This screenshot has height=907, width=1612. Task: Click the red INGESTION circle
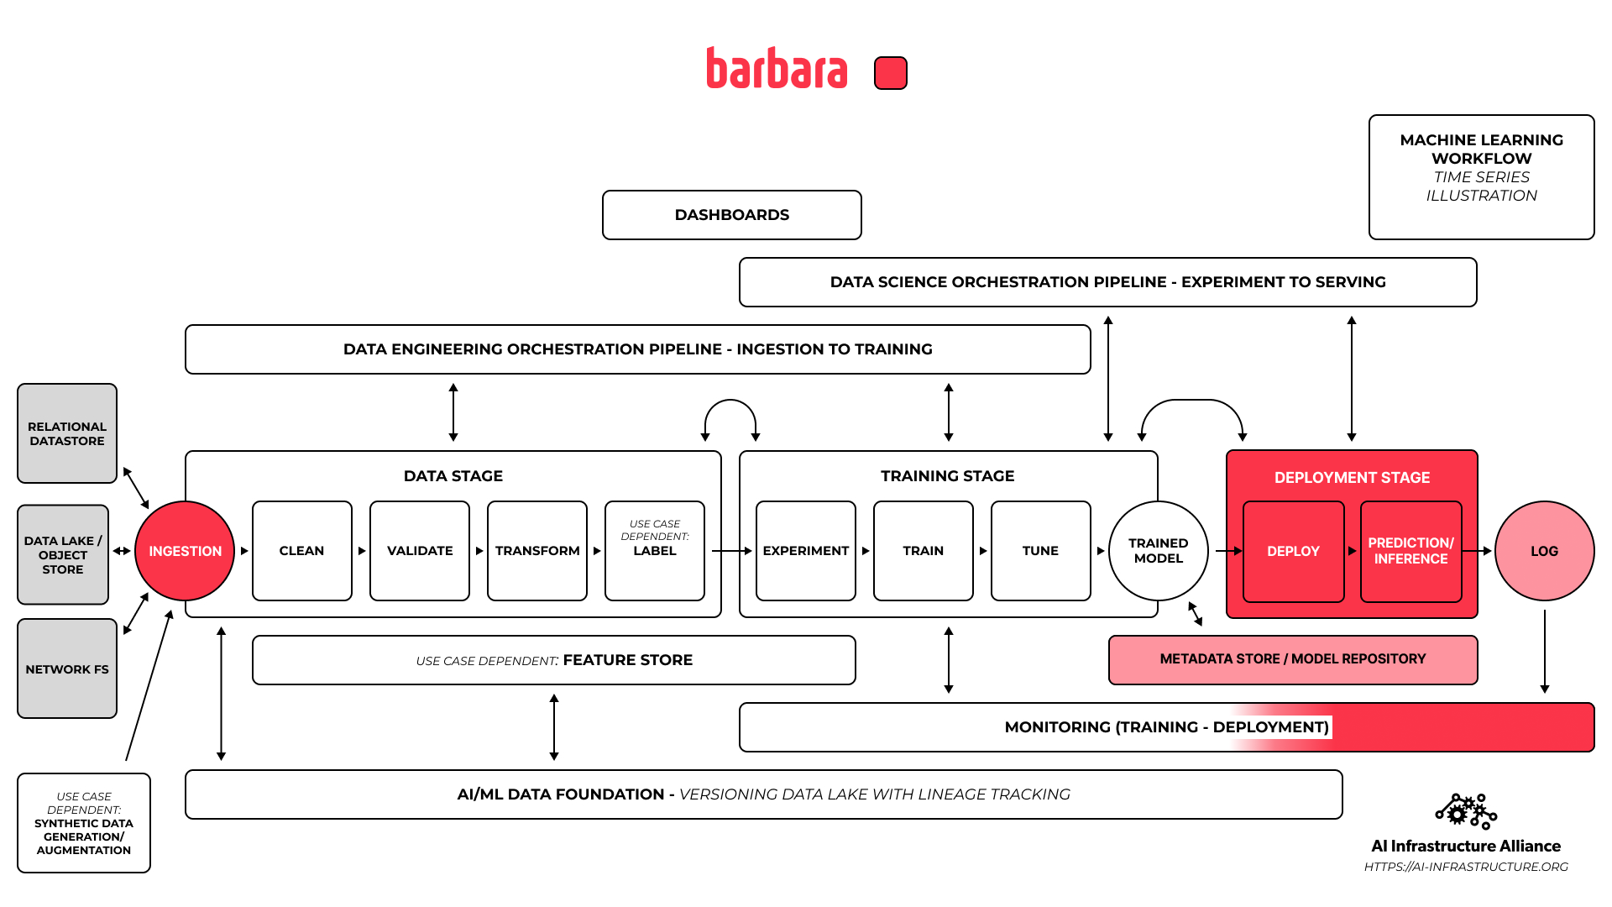[185, 551]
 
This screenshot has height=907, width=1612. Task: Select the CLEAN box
[301, 551]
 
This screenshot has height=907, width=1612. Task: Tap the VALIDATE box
[419, 551]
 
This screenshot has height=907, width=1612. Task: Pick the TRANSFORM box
[536, 551]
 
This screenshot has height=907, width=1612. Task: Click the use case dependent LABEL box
[654, 551]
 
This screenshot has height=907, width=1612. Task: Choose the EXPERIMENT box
[805, 551]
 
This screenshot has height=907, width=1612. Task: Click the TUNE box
[1040, 551]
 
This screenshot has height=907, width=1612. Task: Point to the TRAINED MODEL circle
[1158, 551]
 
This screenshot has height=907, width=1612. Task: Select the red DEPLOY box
[1293, 551]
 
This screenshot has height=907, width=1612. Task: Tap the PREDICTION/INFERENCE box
[1410, 551]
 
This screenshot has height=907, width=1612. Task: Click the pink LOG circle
[1544, 551]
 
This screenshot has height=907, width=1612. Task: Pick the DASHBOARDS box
[731, 215]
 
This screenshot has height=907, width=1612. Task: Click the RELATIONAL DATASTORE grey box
[67, 433]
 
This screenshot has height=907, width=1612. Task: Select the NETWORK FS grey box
[67, 668]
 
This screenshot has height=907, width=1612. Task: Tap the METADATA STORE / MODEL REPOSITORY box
[1292, 659]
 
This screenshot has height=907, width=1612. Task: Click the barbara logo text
[777, 69]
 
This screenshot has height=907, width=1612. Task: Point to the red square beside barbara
[890, 73]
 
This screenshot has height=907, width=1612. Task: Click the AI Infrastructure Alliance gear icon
[1465, 811]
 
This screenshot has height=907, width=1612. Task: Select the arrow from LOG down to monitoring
[1544, 651]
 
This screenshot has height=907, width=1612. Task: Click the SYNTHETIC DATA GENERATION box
[84, 823]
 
